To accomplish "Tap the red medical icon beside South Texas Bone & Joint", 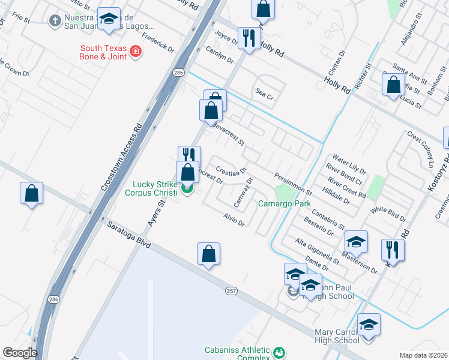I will click(x=136, y=52).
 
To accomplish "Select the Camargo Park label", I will click(x=284, y=204).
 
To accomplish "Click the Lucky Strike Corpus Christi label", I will click(x=151, y=188).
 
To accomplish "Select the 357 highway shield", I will click(x=231, y=291).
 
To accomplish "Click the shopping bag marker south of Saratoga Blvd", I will click(x=208, y=254).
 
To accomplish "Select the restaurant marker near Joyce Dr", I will click(x=249, y=38).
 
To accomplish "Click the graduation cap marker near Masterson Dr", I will click(x=356, y=241).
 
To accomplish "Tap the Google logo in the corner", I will click(x=20, y=352).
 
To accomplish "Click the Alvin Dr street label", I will click(x=234, y=220).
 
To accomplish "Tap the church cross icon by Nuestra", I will click(x=55, y=21).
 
